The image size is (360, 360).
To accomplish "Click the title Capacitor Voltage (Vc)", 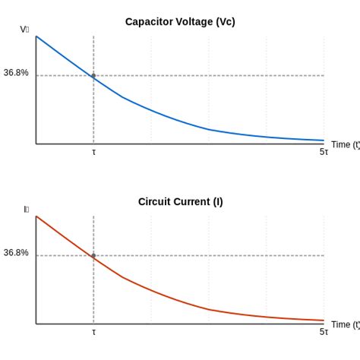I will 180,21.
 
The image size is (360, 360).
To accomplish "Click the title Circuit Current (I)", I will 180,201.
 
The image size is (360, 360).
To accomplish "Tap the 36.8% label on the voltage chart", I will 16,73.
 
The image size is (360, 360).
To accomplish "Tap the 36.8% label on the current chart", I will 16,253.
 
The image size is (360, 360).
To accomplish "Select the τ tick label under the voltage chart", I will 93,152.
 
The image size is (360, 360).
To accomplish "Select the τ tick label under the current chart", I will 93,332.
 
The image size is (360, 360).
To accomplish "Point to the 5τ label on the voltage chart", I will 324,152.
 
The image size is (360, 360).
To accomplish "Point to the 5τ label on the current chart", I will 324,332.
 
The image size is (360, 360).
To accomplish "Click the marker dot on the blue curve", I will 93,75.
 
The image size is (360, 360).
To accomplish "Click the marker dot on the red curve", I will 93,255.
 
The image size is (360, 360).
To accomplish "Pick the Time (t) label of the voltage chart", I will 345,144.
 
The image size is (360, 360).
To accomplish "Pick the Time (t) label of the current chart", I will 345,324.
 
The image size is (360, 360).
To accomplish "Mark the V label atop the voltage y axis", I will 24,30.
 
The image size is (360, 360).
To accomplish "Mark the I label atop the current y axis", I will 26,210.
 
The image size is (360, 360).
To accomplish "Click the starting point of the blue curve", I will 36,36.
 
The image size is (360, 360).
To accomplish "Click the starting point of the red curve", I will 36,216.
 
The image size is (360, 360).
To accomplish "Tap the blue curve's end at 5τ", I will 324,140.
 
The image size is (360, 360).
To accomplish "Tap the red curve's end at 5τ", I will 324,321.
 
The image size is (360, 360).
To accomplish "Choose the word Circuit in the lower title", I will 154,201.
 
